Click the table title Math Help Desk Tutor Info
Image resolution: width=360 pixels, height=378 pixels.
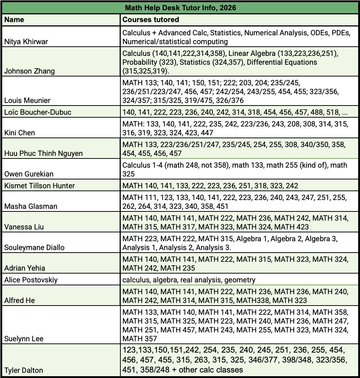click(x=180, y=7)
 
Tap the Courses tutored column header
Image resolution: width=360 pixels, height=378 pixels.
click(x=151, y=19)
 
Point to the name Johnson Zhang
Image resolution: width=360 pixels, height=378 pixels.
click(x=29, y=71)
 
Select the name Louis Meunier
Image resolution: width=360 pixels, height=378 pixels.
click(x=27, y=100)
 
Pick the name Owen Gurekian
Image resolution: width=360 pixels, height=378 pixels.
click(x=28, y=174)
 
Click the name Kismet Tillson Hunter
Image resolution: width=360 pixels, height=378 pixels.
click(x=39, y=186)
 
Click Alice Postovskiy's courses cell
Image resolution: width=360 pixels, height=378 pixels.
click(x=189, y=280)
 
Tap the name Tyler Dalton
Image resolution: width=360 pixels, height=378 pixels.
click(x=24, y=370)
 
